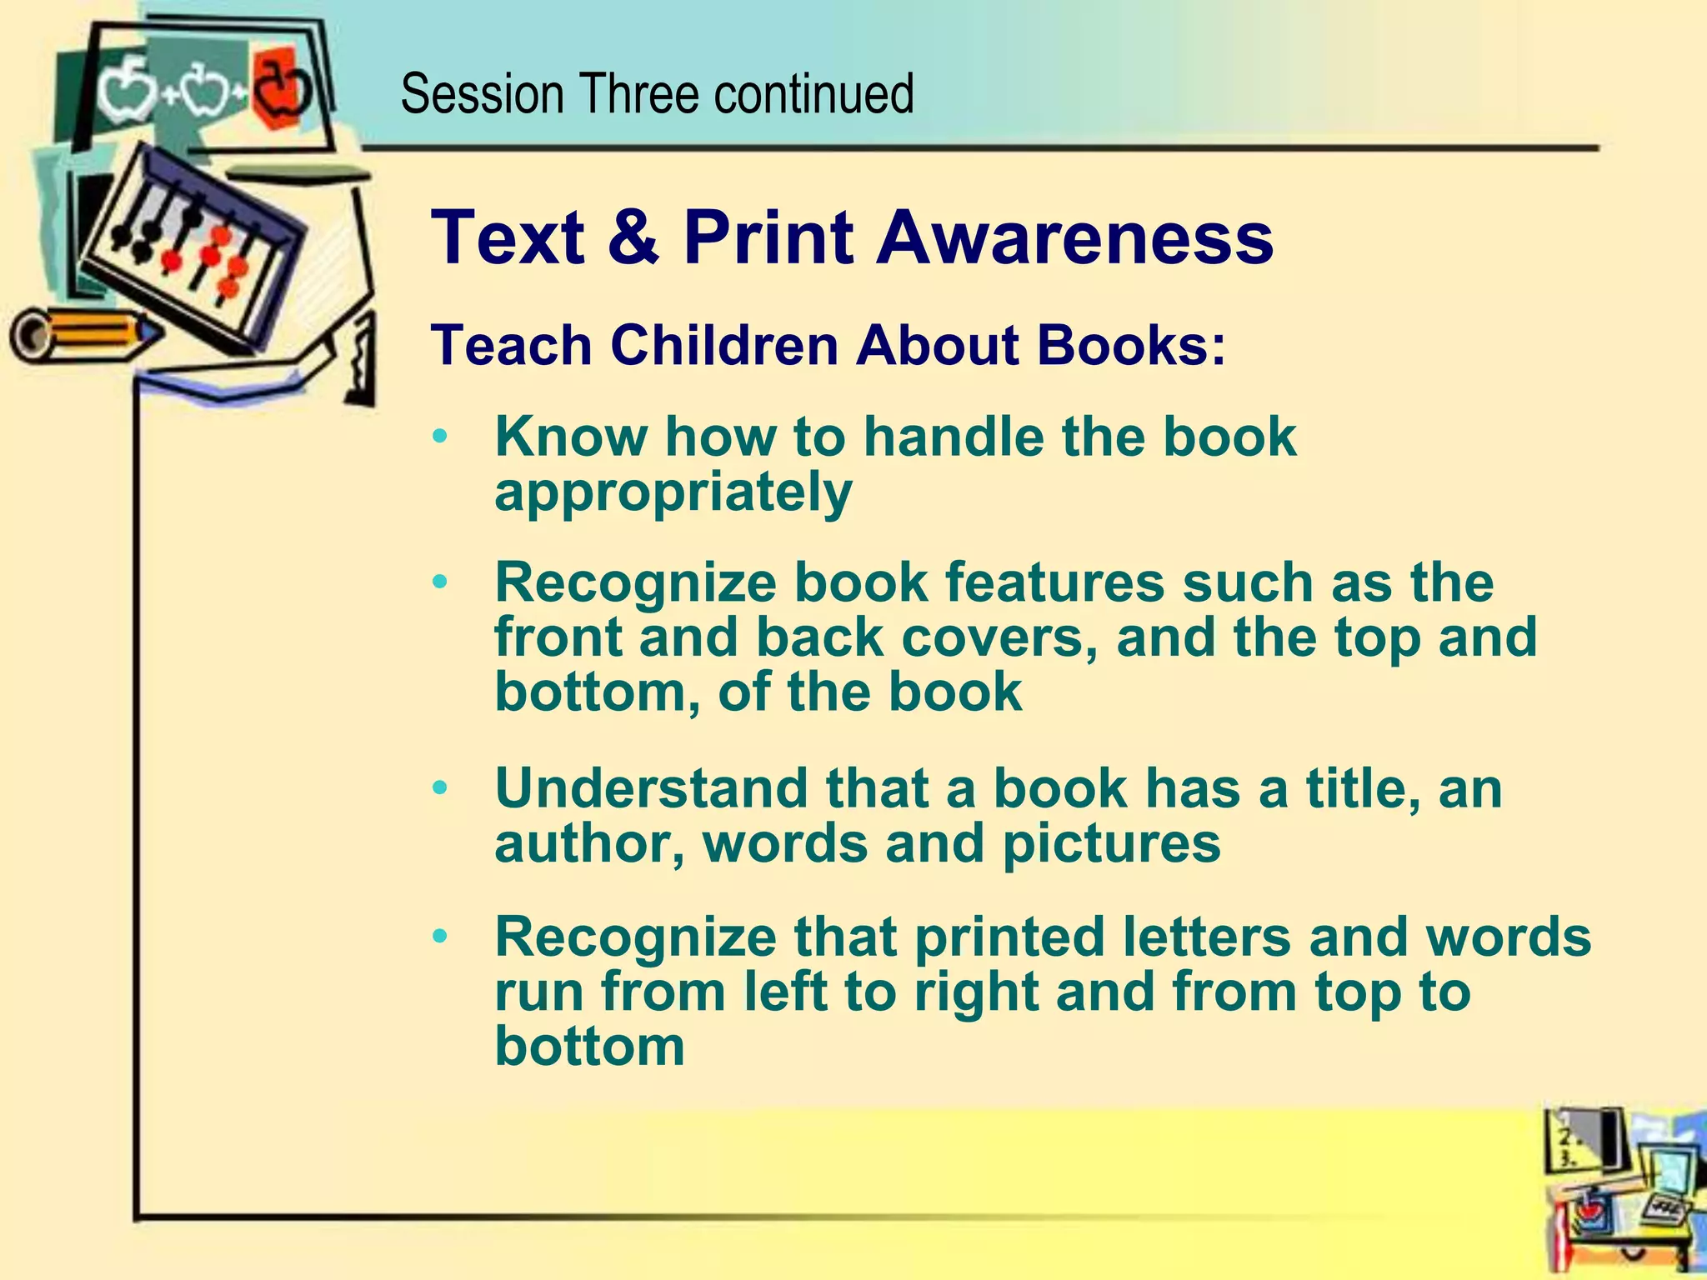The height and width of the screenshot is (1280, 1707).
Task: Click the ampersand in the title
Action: pyautogui.click(x=633, y=237)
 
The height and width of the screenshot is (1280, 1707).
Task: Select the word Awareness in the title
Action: pyautogui.click(x=1075, y=237)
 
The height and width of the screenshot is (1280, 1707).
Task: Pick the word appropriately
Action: pyautogui.click(x=673, y=493)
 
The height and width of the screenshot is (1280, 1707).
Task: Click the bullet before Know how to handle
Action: pyautogui.click(x=441, y=436)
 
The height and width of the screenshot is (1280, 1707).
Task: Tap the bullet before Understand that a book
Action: pyautogui.click(x=441, y=787)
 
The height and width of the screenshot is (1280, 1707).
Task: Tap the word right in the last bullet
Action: pyautogui.click(x=976, y=992)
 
